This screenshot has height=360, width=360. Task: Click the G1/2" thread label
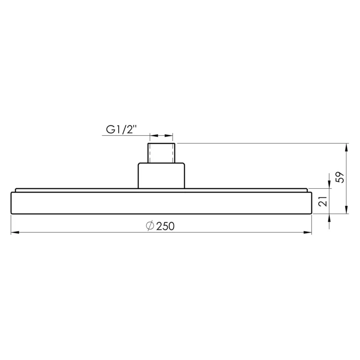(x=122, y=130)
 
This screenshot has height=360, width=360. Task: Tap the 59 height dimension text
(x=340, y=177)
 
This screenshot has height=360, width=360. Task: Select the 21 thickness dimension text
(x=323, y=201)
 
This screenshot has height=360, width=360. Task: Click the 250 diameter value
(x=165, y=226)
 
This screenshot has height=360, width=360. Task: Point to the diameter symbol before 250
(x=150, y=226)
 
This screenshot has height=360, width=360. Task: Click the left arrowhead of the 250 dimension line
(x=15, y=233)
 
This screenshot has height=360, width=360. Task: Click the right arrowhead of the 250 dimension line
(x=307, y=233)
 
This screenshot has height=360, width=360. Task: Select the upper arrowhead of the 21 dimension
(x=329, y=184)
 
